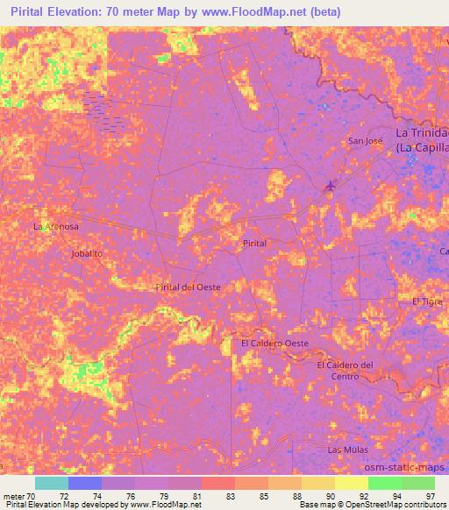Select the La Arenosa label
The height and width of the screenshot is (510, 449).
click(55, 226)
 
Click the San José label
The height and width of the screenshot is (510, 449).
click(364, 141)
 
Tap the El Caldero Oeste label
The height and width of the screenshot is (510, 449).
click(274, 344)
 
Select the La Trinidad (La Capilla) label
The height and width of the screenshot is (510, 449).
click(422, 140)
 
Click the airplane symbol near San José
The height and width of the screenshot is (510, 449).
click(330, 185)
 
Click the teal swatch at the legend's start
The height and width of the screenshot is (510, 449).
click(52, 483)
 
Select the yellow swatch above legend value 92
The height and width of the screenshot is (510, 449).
click(351, 483)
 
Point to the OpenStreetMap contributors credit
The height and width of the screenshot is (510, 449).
click(390, 505)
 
